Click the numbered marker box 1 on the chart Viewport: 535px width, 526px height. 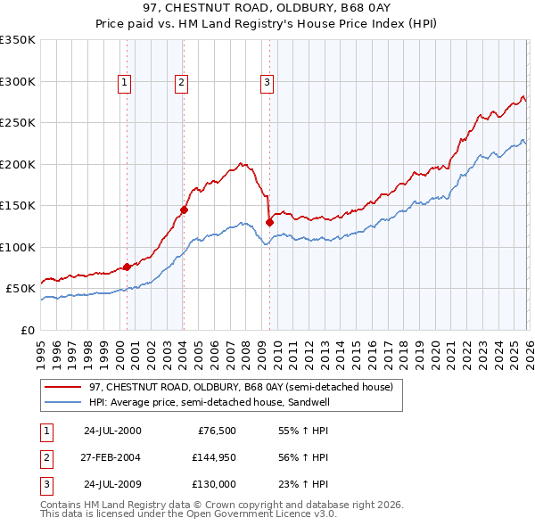point(124,83)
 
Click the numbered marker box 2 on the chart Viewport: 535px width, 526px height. point(181,83)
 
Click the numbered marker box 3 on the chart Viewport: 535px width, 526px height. point(267,83)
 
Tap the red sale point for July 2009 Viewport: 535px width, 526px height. point(269,222)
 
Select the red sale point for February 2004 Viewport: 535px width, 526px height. point(185,210)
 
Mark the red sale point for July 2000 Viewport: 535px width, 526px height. point(128,267)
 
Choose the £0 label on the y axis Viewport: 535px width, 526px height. point(27,330)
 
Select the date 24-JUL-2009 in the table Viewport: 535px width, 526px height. point(112,484)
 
